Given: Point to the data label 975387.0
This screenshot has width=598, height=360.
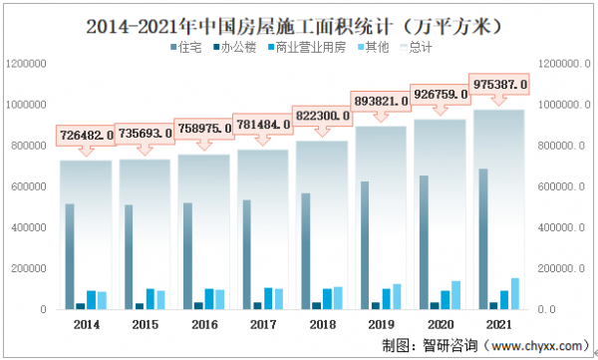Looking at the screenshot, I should (499, 86).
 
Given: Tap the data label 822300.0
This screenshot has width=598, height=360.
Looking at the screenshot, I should (322, 116).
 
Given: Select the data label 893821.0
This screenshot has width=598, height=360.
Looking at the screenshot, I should (381, 101).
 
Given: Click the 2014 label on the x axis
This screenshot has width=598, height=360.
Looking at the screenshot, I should (86, 324).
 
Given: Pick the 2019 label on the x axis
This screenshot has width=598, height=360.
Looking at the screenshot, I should (381, 324).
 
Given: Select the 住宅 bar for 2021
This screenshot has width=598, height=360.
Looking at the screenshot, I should (482, 239).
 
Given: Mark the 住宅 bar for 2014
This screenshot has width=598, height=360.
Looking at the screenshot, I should (69, 256).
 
